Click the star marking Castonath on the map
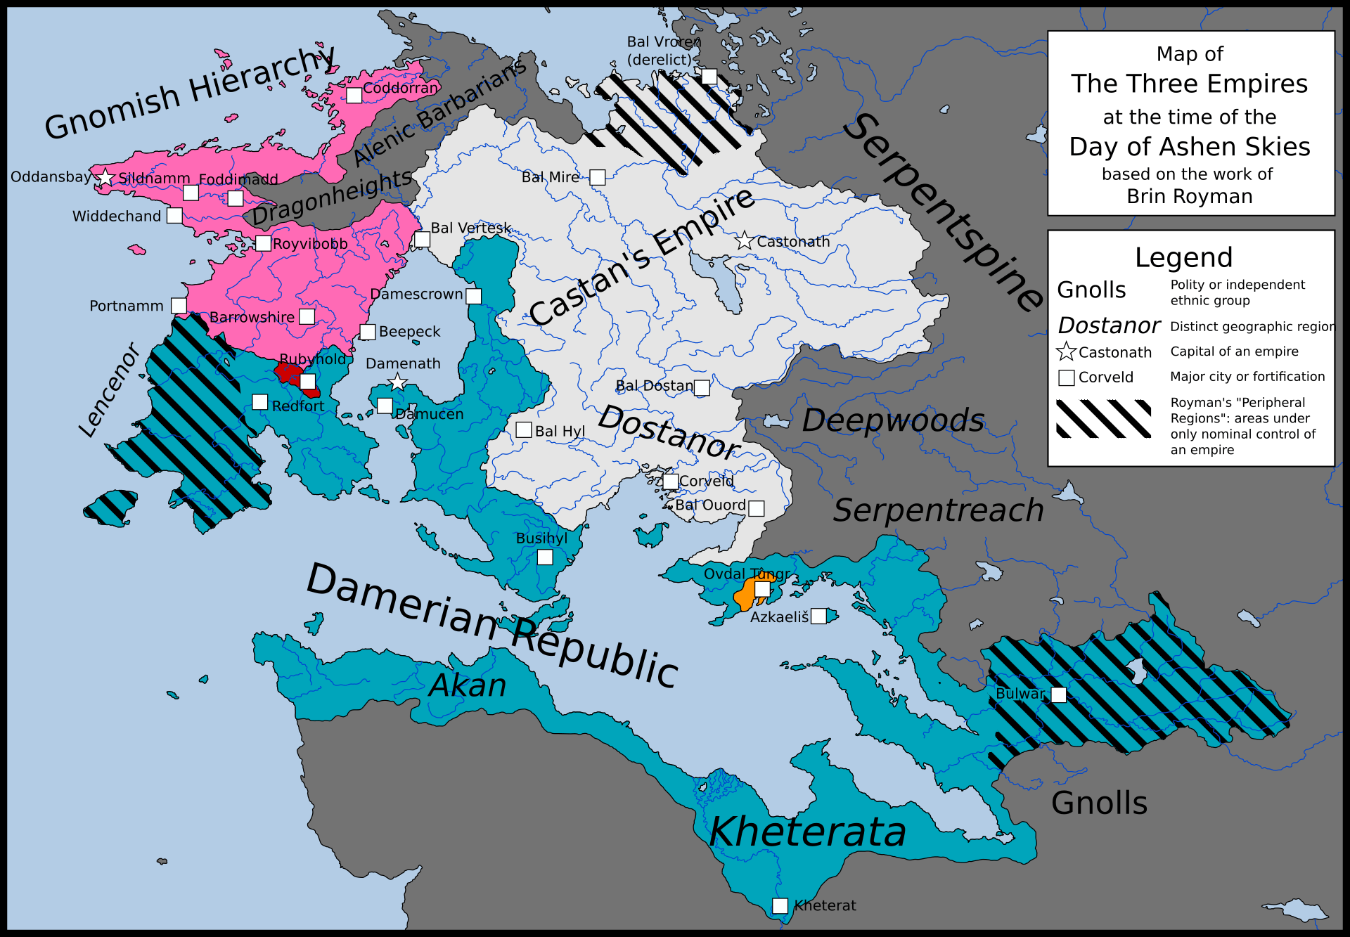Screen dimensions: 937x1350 [745, 241]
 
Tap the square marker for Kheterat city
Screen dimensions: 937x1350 [780, 905]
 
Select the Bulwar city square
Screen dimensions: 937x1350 [1058, 694]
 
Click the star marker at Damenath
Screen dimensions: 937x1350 [398, 382]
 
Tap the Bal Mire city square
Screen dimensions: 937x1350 [597, 177]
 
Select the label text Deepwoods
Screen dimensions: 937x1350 [892, 420]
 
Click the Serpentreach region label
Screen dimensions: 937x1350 [938, 510]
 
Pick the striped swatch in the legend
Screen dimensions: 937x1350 [1103, 418]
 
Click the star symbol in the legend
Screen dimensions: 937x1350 [1067, 351]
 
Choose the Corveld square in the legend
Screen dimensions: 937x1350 [1067, 377]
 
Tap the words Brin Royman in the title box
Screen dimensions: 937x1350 [1190, 196]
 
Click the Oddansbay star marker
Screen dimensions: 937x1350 [105, 177]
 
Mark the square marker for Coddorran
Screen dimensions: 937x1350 [354, 95]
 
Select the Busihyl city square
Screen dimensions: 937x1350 [545, 557]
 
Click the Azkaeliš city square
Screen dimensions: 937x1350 [818, 616]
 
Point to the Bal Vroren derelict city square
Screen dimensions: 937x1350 [709, 77]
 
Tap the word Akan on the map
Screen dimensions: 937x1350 [468, 685]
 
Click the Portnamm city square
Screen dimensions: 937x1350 [179, 305]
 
